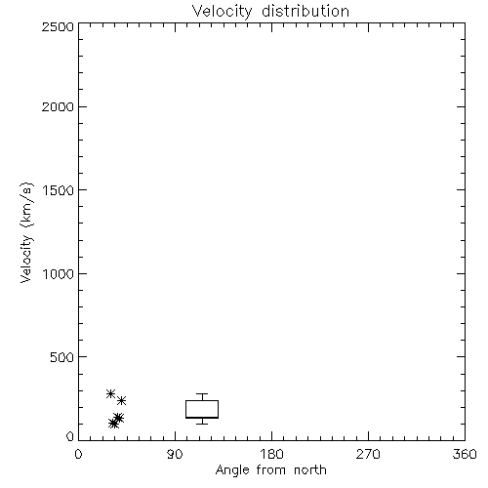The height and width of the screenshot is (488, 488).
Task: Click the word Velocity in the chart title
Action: tap(222, 12)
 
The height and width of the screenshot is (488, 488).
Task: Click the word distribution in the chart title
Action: tap(305, 11)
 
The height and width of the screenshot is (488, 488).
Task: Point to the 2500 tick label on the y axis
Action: tap(59, 26)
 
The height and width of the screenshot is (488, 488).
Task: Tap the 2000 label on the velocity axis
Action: tap(59, 106)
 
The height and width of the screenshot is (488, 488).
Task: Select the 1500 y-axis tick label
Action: tap(59, 190)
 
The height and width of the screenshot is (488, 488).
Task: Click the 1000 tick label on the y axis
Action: tap(59, 273)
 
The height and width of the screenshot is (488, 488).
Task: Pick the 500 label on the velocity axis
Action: tap(62, 357)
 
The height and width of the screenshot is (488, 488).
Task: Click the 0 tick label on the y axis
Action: tap(70, 436)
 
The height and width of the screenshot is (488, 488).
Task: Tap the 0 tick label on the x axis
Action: tap(78, 454)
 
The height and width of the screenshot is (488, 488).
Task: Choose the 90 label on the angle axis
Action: tap(175, 454)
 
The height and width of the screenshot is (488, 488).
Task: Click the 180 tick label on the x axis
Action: tap(271, 454)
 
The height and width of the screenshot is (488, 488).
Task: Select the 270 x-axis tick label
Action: tap(368, 454)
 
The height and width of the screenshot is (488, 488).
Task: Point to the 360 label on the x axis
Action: tap(465, 454)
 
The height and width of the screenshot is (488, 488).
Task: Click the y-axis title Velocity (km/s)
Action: tap(26, 232)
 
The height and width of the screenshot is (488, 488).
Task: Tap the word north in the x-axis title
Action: tap(310, 470)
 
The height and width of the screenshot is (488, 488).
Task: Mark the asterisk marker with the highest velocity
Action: tap(111, 393)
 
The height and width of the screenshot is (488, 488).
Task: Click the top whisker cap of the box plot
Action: tap(202, 394)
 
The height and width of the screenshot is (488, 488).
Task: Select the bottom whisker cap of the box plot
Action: tap(202, 424)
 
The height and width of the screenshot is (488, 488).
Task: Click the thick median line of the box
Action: tap(202, 418)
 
